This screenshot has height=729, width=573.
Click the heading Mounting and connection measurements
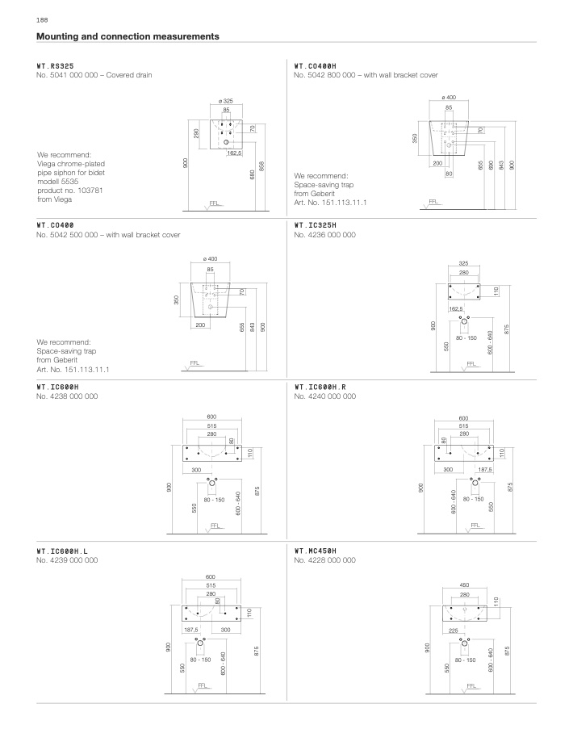point(128,36)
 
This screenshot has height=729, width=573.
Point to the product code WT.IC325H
point(315,225)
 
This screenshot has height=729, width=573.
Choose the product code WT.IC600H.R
point(320,388)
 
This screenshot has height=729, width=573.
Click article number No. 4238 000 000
point(68,397)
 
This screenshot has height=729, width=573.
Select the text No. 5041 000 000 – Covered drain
point(94,75)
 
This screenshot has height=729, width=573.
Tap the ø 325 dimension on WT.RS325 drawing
point(226,100)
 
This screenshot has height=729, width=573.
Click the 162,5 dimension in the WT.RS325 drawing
point(235,153)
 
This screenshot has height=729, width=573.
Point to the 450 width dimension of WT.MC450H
point(464,585)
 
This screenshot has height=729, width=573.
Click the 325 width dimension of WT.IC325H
point(463,263)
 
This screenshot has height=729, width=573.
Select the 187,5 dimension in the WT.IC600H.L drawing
point(191,629)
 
